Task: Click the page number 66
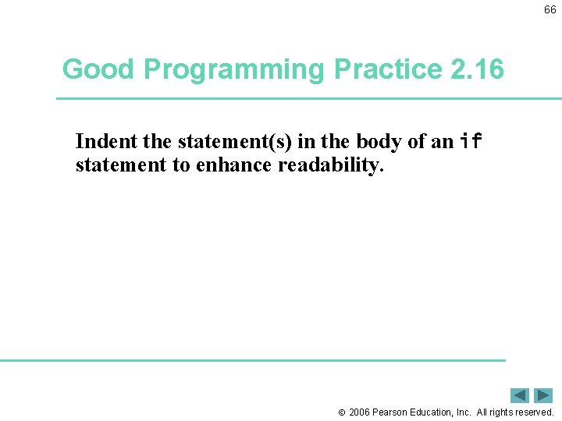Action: point(550,10)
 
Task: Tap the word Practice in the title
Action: point(388,69)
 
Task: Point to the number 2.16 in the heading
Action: point(478,69)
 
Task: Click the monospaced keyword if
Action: point(471,142)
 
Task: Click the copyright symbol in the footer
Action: point(341,412)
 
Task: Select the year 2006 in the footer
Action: point(359,412)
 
